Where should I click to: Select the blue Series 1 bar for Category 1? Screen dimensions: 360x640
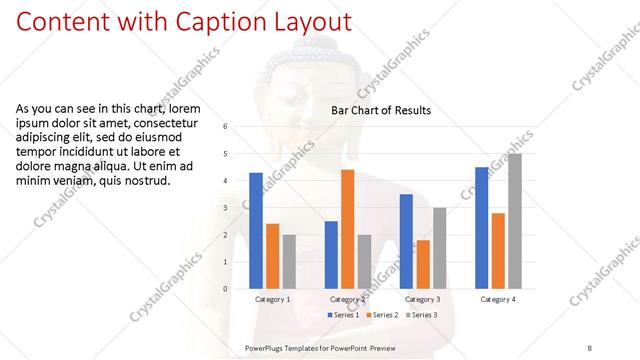(x=256, y=230)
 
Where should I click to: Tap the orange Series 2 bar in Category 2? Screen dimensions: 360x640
(x=347, y=229)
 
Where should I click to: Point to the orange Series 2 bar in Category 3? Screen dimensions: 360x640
(x=423, y=264)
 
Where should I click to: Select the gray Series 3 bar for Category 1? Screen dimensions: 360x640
(x=289, y=261)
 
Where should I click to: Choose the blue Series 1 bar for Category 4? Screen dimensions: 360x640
(x=481, y=227)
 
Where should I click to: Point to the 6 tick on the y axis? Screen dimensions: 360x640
(x=226, y=127)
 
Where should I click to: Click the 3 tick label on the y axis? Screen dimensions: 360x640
(x=226, y=208)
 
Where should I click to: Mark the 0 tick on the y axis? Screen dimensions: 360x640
(x=226, y=289)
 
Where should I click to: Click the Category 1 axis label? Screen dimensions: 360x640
(x=272, y=299)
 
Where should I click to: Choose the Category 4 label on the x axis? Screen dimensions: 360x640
(x=497, y=299)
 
